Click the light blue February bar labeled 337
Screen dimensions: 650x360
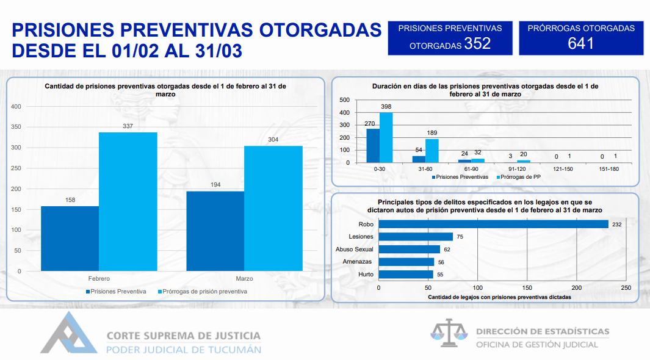[x=128, y=202]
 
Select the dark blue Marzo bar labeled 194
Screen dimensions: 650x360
[x=215, y=231]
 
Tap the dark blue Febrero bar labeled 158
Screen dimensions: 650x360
[x=70, y=239]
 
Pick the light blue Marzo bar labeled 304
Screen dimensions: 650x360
[x=273, y=209]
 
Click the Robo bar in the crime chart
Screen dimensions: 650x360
[x=493, y=224]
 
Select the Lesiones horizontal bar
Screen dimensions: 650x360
[x=416, y=237]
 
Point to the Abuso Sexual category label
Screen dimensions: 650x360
[x=355, y=250]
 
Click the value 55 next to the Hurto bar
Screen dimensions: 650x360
[x=440, y=275]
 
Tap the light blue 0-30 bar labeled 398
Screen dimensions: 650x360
[x=386, y=137]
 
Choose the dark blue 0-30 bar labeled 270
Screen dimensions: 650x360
[x=373, y=146]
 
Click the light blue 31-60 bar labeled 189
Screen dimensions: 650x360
[x=432, y=151]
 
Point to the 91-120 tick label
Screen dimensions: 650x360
[x=517, y=169]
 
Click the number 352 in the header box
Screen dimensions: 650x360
[x=477, y=43]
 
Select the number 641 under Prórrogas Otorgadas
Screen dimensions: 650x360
[x=581, y=43]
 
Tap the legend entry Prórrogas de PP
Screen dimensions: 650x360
[x=519, y=177]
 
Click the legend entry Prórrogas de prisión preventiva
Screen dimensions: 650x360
[x=202, y=292]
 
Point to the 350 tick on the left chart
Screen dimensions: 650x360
[x=16, y=127]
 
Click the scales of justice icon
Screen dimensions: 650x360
[x=449, y=333]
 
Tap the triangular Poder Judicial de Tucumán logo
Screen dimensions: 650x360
[x=69, y=333]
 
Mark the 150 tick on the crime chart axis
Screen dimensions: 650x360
[x=527, y=287]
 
